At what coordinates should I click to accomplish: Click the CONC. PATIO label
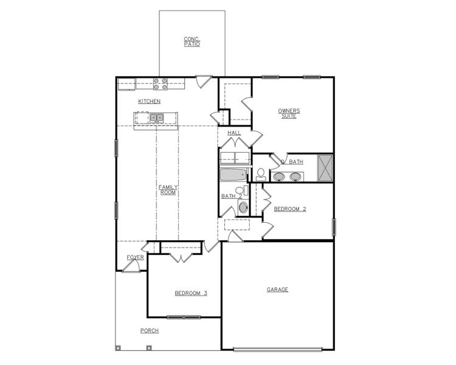click(192, 41)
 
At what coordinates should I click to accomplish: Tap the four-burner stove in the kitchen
click(161, 83)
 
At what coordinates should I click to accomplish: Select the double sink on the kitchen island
click(156, 118)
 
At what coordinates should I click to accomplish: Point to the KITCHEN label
click(149, 101)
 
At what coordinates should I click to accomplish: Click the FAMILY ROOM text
click(168, 190)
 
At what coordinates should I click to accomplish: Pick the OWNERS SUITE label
click(289, 113)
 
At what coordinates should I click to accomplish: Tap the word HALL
click(234, 133)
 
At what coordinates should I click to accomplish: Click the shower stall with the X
click(325, 167)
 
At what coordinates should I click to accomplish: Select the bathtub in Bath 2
click(232, 176)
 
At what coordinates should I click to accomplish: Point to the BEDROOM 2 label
click(289, 209)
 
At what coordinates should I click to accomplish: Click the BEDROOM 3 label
click(191, 293)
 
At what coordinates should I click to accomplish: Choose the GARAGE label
click(277, 290)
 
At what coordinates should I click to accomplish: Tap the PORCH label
click(149, 331)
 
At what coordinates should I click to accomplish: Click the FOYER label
click(135, 257)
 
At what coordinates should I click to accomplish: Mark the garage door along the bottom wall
click(278, 349)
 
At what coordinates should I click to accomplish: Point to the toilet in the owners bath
click(261, 173)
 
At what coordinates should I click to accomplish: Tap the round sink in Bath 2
click(243, 207)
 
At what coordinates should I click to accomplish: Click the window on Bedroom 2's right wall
click(333, 227)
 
